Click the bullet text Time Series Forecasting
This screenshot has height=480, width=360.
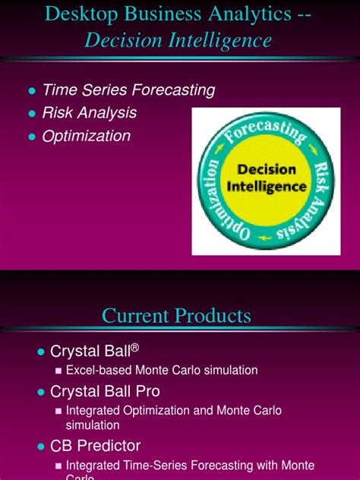click(x=128, y=90)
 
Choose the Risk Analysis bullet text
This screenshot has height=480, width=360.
click(x=89, y=113)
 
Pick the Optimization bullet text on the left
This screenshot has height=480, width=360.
click(x=86, y=136)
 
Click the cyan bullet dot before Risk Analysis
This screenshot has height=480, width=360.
click(x=32, y=114)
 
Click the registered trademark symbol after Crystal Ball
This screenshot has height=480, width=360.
click(x=134, y=348)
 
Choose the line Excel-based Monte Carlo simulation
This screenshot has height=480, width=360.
click(x=162, y=371)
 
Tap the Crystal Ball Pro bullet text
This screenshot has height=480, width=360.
click(x=105, y=392)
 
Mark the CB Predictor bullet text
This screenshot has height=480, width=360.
click(x=95, y=447)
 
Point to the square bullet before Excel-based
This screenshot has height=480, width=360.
click(x=58, y=371)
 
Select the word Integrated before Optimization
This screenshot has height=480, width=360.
click(x=92, y=411)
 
